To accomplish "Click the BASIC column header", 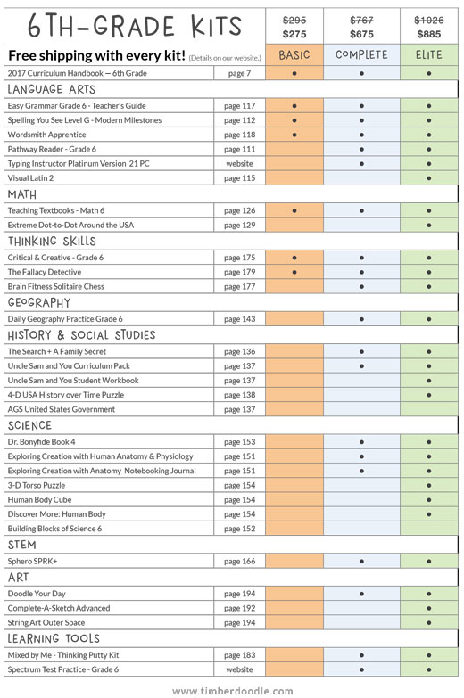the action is point(294,55).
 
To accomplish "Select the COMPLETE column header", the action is point(361,54).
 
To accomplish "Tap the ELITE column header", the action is point(429,54).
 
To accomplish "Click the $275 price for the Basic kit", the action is point(294,34).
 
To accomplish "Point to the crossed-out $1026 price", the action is point(429,20).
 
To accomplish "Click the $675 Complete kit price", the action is point(361,34).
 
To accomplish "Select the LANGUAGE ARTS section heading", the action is point(52,89).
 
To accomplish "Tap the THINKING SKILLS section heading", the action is point(52,242).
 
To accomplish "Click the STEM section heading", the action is point(21,545).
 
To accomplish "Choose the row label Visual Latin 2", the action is point(30,178).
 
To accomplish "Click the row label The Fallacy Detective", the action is point(45,272).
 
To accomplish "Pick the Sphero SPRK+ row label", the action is point(32,562).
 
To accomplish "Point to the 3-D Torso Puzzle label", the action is point(37,485).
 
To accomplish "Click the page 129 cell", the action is point(240,226).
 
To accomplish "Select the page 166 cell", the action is point(240,562).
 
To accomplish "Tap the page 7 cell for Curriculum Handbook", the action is point(240,73).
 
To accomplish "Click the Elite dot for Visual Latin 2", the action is point(429,178).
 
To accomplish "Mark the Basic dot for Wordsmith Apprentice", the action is point(294,135).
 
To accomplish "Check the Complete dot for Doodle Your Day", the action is point(361,594).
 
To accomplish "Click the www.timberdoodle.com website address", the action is point(233,691).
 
